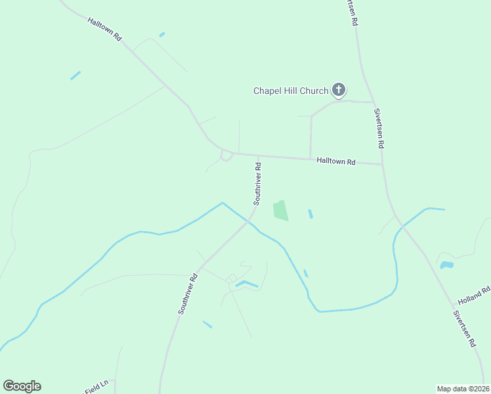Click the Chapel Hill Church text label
point(291,91)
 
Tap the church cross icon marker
point(339,90)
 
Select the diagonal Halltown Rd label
point(105,30)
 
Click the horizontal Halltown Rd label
point(335,161)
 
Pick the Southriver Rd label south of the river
point(188,294)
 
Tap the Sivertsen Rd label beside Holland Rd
point(463,329)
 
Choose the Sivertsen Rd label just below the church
point(378,128)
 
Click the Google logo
point(22,386)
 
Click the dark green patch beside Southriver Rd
point(280,211)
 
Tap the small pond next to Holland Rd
point(446,265)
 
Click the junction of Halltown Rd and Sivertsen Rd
point(382,164)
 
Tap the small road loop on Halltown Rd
point(226,156)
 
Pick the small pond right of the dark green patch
point(310,214)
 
